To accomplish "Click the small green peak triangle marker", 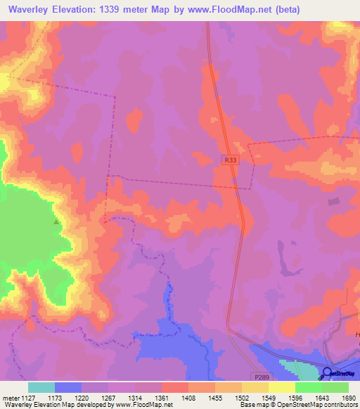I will [x=56, y=221].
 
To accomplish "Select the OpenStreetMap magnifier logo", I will [x=327, y=373].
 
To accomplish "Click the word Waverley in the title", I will [x=32, y=10].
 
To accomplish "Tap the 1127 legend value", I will [x=28, y=397].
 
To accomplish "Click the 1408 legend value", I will [x=188, y=397].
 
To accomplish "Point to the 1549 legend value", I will [x=269, y=397].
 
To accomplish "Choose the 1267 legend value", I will [x=108, y=397].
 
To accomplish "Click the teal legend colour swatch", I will [x=41, y=387].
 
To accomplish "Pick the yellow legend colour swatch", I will [x=282, y=387].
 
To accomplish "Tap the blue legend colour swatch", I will [x=68, y=387].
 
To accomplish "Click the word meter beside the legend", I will [x=10, y=397].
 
